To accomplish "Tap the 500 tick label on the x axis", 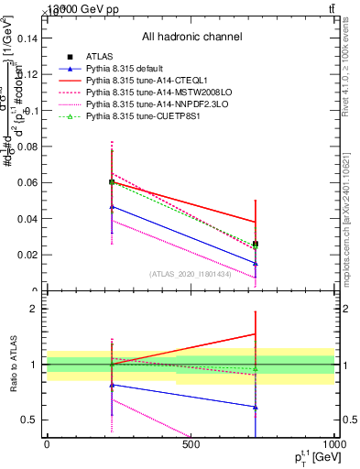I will coord(191,445).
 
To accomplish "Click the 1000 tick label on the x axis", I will coord(333,445).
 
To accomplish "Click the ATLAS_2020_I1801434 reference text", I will coord(191,273).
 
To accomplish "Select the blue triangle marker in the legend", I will coord(69,70).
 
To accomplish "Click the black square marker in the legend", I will coord(69,58).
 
